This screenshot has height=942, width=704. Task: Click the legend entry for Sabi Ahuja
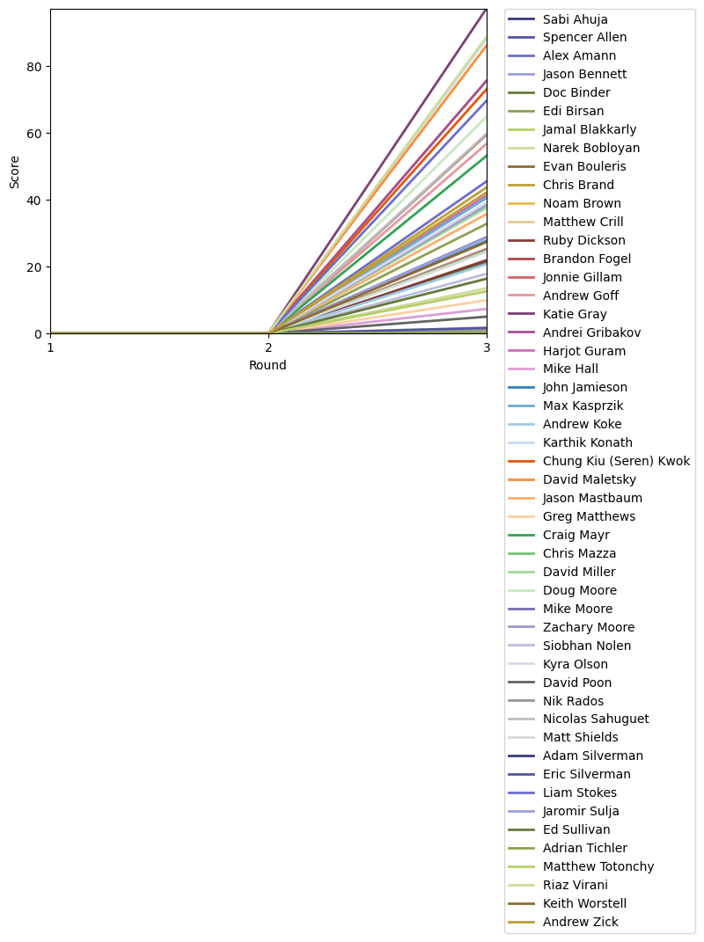point(575,19)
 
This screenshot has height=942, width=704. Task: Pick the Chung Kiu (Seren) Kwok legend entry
point(616,462)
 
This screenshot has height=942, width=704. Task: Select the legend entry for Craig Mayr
point(576,536)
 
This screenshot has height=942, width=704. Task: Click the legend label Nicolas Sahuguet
point(596,719)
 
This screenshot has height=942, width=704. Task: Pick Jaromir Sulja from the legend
point(581,812)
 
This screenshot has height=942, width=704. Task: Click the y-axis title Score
point(14,172)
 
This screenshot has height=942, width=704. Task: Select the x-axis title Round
point(268,366)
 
